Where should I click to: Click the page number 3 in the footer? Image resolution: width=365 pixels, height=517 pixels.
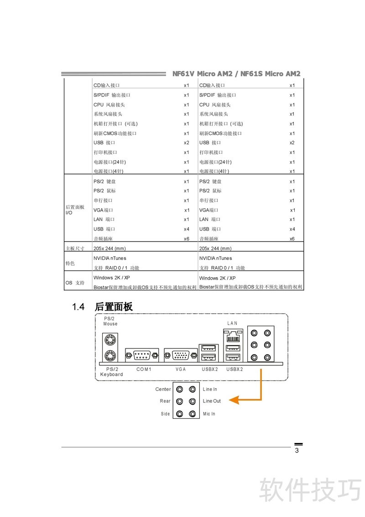297,451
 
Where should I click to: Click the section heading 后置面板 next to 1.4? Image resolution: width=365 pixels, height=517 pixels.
114,307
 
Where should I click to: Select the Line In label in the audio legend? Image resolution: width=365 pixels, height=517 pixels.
210,390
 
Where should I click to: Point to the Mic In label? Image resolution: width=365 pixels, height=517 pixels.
209,414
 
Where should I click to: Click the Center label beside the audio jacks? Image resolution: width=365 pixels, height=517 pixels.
163,390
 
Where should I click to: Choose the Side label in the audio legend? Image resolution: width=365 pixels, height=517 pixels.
165,414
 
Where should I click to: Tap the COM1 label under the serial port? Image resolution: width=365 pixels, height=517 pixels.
144,369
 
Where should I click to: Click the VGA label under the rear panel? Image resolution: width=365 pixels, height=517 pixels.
181,369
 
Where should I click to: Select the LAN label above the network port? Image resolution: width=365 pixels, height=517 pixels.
233,323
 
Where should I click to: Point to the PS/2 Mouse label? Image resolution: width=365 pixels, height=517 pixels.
110,321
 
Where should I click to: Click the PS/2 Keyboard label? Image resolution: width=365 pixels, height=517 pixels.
112,372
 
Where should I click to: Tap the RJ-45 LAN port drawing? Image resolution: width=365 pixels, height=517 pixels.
233,338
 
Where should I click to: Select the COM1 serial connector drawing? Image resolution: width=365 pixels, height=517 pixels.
142,354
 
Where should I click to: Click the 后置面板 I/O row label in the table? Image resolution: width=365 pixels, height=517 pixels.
75,210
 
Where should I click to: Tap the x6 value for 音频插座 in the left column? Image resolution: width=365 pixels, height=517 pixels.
187,239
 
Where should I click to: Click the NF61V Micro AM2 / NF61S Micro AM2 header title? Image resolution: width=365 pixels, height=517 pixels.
236,74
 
